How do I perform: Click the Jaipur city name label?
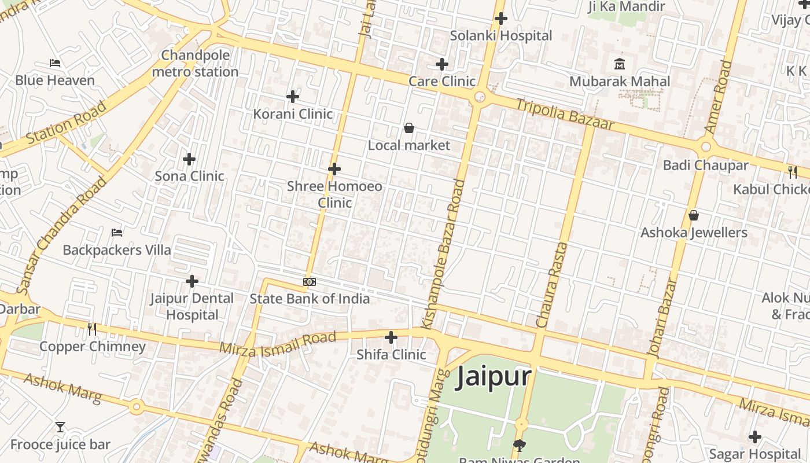[494, 377]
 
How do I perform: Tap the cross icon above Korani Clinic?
[293, 96]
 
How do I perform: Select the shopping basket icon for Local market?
[409, 128]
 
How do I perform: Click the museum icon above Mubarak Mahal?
[620, 64]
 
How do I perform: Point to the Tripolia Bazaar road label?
[564, 115]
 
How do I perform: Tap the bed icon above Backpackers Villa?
[117, 233]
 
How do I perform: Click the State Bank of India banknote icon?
[310, 282]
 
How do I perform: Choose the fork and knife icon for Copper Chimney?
[92, 329]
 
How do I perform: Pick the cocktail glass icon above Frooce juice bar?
[60, 428]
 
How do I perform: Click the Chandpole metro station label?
[195, 64]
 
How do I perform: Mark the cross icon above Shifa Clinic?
[391, 337]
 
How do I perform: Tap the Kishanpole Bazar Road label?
[452, 255]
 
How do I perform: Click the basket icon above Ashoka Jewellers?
[694, 216]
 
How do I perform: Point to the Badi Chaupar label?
[705, 165]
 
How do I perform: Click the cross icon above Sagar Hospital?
[754, 437]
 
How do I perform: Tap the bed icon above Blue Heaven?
[55, 63]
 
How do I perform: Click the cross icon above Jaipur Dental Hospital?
[192, 281]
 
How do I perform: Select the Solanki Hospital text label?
[501, 35]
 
